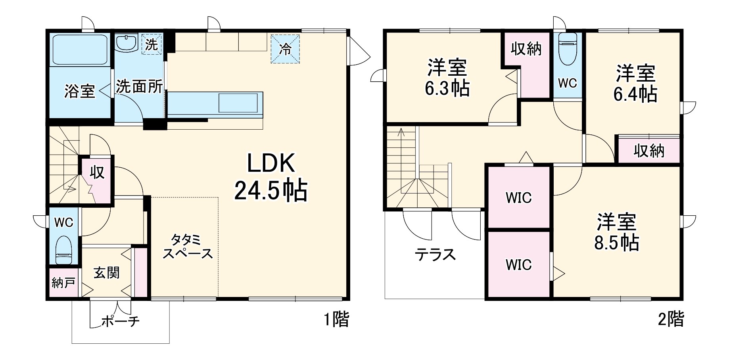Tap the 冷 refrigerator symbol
(x=285, y=49)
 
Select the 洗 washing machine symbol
(x=151, y=44)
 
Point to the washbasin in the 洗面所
(x=126, y=43)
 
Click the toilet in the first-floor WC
(x=63, y=250)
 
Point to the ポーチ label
(x=121, y=320)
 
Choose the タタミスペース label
(x=187, y=246)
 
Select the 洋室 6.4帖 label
(x=635, y=83)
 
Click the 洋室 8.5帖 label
(x=616, y=232)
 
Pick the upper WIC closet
(x=518, y=197)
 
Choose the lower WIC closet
(x=518, y=264)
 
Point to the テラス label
(x=435, y=254)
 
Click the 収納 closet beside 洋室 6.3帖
(x=526, y=49)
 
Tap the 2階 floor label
(x=671, y=319)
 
